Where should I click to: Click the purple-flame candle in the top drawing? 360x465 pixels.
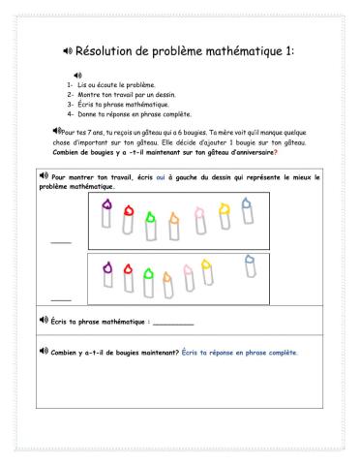(x=105, y=214)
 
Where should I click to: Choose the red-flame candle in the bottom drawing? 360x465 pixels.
(x=129, y=274)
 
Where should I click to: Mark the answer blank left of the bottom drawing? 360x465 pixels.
(x=61, y=297)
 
